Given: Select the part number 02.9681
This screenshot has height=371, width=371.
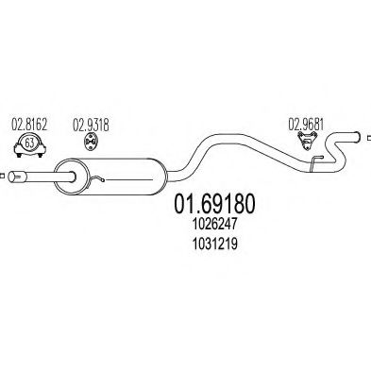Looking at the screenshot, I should pyautogui.click(x=303, y=122).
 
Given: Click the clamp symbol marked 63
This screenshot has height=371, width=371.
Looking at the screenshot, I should pyautogui.click(x=29, y=144).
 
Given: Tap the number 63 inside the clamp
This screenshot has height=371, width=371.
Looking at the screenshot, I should pyautogui.click(x=29, y=143).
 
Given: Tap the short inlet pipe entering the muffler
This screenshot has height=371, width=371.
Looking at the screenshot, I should pyautogui.click(x=42, y=175).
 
